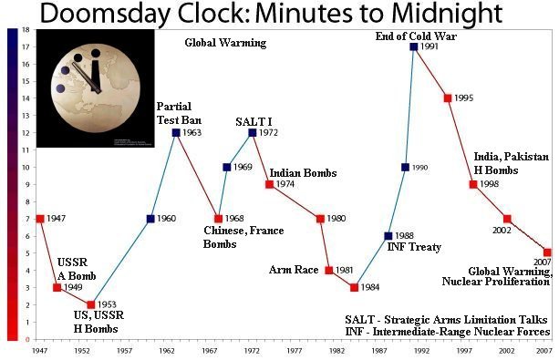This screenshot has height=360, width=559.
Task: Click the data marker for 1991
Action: click(414, 46)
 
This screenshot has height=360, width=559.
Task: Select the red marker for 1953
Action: click(91, 304)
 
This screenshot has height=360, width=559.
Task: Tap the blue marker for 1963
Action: click(176, 133)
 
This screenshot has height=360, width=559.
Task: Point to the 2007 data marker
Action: click(547, 252)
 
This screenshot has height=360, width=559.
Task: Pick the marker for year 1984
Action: click(354, 288)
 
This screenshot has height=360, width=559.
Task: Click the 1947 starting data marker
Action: click(40, 219)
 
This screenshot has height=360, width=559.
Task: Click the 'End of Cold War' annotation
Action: click(414, 36)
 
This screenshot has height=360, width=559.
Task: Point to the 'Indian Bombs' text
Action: click(303, 173)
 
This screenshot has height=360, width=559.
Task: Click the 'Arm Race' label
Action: click(293, 270)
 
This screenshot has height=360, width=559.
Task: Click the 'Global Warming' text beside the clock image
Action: click(225, 43)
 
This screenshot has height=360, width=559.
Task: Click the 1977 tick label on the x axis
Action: click(295, 350)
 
